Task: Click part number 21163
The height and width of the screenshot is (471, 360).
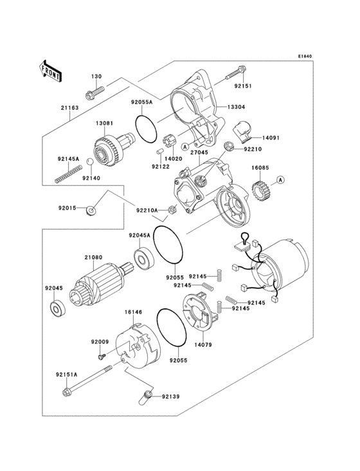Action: tap(70, 107)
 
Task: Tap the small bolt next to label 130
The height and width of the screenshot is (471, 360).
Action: tap(94, 93)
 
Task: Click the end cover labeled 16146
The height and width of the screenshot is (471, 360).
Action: tap(137, 347)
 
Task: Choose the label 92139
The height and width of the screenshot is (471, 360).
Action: tap(172, 396)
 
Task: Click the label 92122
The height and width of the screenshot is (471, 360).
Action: tap(160, 166)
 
